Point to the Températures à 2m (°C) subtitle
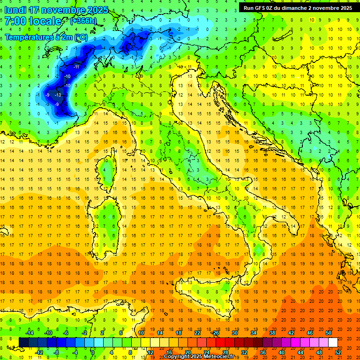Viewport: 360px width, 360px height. pyautogui.click(x=46, y=37)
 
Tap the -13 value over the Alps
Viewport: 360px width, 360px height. pyautogui.click(x=58, y=95)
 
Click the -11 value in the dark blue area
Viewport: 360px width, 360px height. pyautogui.click(x=76, y=67)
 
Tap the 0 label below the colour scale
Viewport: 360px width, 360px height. pyautogui.click(x=93, y=352)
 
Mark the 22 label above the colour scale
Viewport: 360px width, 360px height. pyautogui.click(x=197, y=333)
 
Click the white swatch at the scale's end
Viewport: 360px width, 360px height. pyautogui.click(x=333, y=343)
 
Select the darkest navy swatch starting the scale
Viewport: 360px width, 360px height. pyautogui.click(x=23, y=343)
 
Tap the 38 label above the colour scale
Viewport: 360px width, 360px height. pyautogui.click(x=272, y=333)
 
